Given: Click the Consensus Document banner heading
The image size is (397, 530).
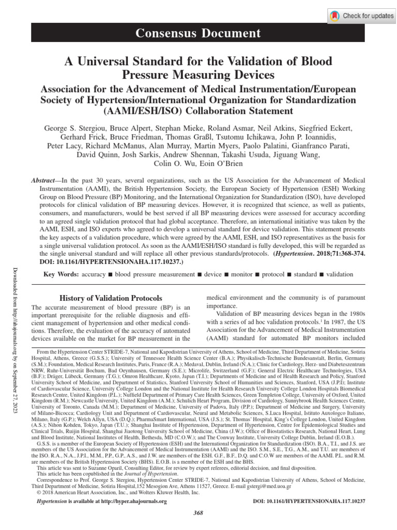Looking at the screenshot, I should tap(198, 34).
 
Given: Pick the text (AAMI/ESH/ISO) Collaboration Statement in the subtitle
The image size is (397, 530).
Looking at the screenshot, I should tap(198, 111).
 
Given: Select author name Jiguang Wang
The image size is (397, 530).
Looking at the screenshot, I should tap(304, 154).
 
